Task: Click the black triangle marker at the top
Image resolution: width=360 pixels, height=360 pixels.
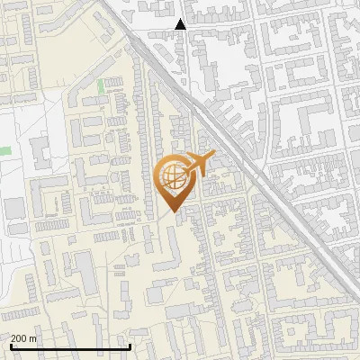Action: click(x=181, y=24)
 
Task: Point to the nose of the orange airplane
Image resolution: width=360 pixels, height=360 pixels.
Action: click(x=210, y=157)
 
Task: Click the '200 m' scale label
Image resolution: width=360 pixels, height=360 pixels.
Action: click(x=22, y=338)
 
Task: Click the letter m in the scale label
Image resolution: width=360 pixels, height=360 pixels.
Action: click(x=32, y=338)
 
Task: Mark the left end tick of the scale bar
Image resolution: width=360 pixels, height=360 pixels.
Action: click(x=11, y=346)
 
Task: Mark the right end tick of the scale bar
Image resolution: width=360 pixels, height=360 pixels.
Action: click(x=130, y=346)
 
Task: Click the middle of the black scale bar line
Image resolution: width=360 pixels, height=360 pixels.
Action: click(x=70, y=347)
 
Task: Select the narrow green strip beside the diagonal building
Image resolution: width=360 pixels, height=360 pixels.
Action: click(x=100, y=86)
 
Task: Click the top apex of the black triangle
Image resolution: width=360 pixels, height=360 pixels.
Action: click(x=181, y=19)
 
